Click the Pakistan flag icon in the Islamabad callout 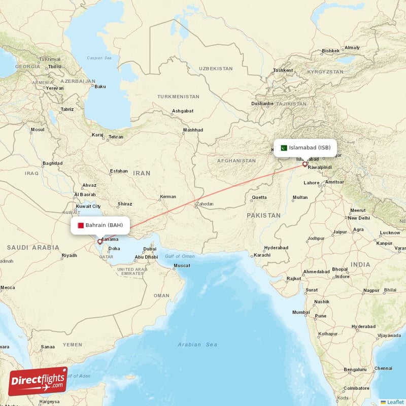click(x=284, y=148)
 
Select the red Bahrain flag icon click(x=80, y=225)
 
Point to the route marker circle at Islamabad click(x=304, y=164)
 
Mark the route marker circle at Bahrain click(x=99, y=242)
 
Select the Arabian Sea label click(x=197, y=345)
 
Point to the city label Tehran click(x=116, y=137)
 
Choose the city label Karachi click(x=262, y=255)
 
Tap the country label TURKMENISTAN click(x=178, y=96)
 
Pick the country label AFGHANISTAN click(x=236, y=160)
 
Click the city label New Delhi click(x=359, y=218)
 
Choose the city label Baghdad click(x=53, y=163)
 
